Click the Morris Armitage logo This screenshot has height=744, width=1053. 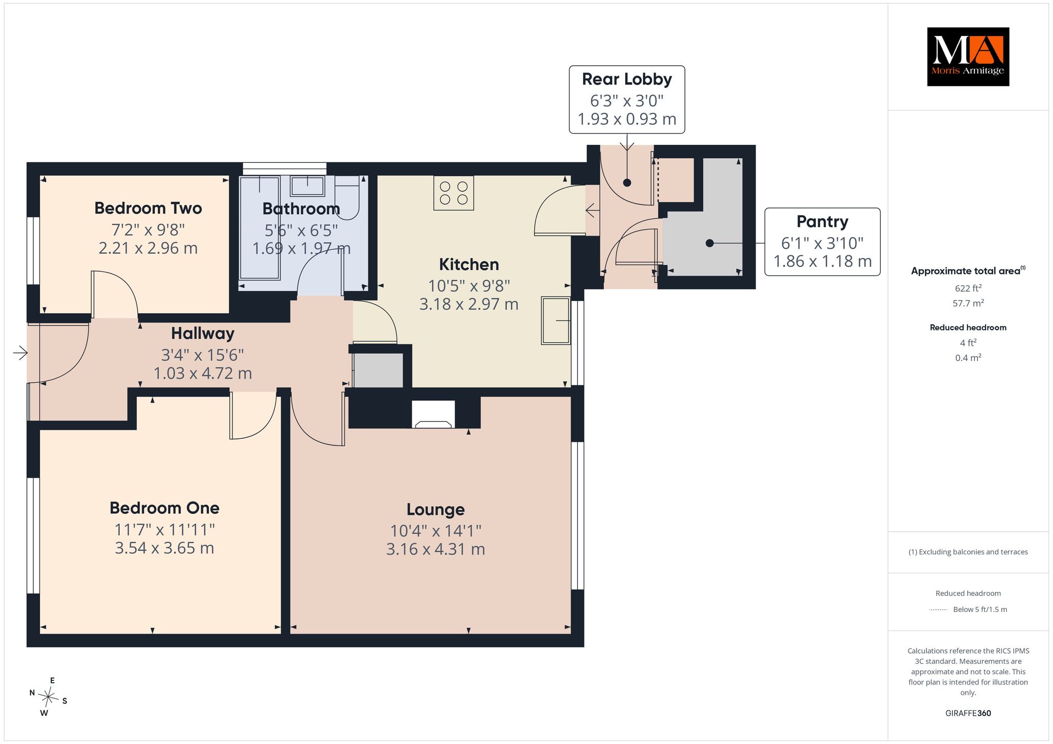[x=968, y=57]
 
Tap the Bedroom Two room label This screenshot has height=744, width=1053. [x=148, y=208]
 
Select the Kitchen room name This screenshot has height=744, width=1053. [x=469, y=264]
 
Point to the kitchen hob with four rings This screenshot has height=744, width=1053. [x=453, y=193]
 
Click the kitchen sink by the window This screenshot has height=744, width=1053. [x=556, y=321]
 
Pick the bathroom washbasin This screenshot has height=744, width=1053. [x=307, y=185]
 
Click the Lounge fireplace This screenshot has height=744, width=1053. [x=433, y=414]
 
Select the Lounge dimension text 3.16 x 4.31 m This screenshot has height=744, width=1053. [x=435, y=549]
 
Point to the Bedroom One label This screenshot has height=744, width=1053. [x=165, y=508]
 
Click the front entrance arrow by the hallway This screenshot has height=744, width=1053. [x=20, y=353]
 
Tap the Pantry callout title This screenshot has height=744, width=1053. [x=822, y=221]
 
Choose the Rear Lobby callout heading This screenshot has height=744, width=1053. [x=627, y=79]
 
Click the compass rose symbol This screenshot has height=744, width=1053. [x=48, y=697]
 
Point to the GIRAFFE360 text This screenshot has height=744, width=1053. [x=968, y=713]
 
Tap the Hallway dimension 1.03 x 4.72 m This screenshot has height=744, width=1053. [x=203, y=373]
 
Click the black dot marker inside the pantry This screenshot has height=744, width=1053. [x=710, y=243]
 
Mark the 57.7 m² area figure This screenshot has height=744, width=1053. [x=968, y=303]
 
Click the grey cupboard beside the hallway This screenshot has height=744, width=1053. [x=378, y=370]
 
